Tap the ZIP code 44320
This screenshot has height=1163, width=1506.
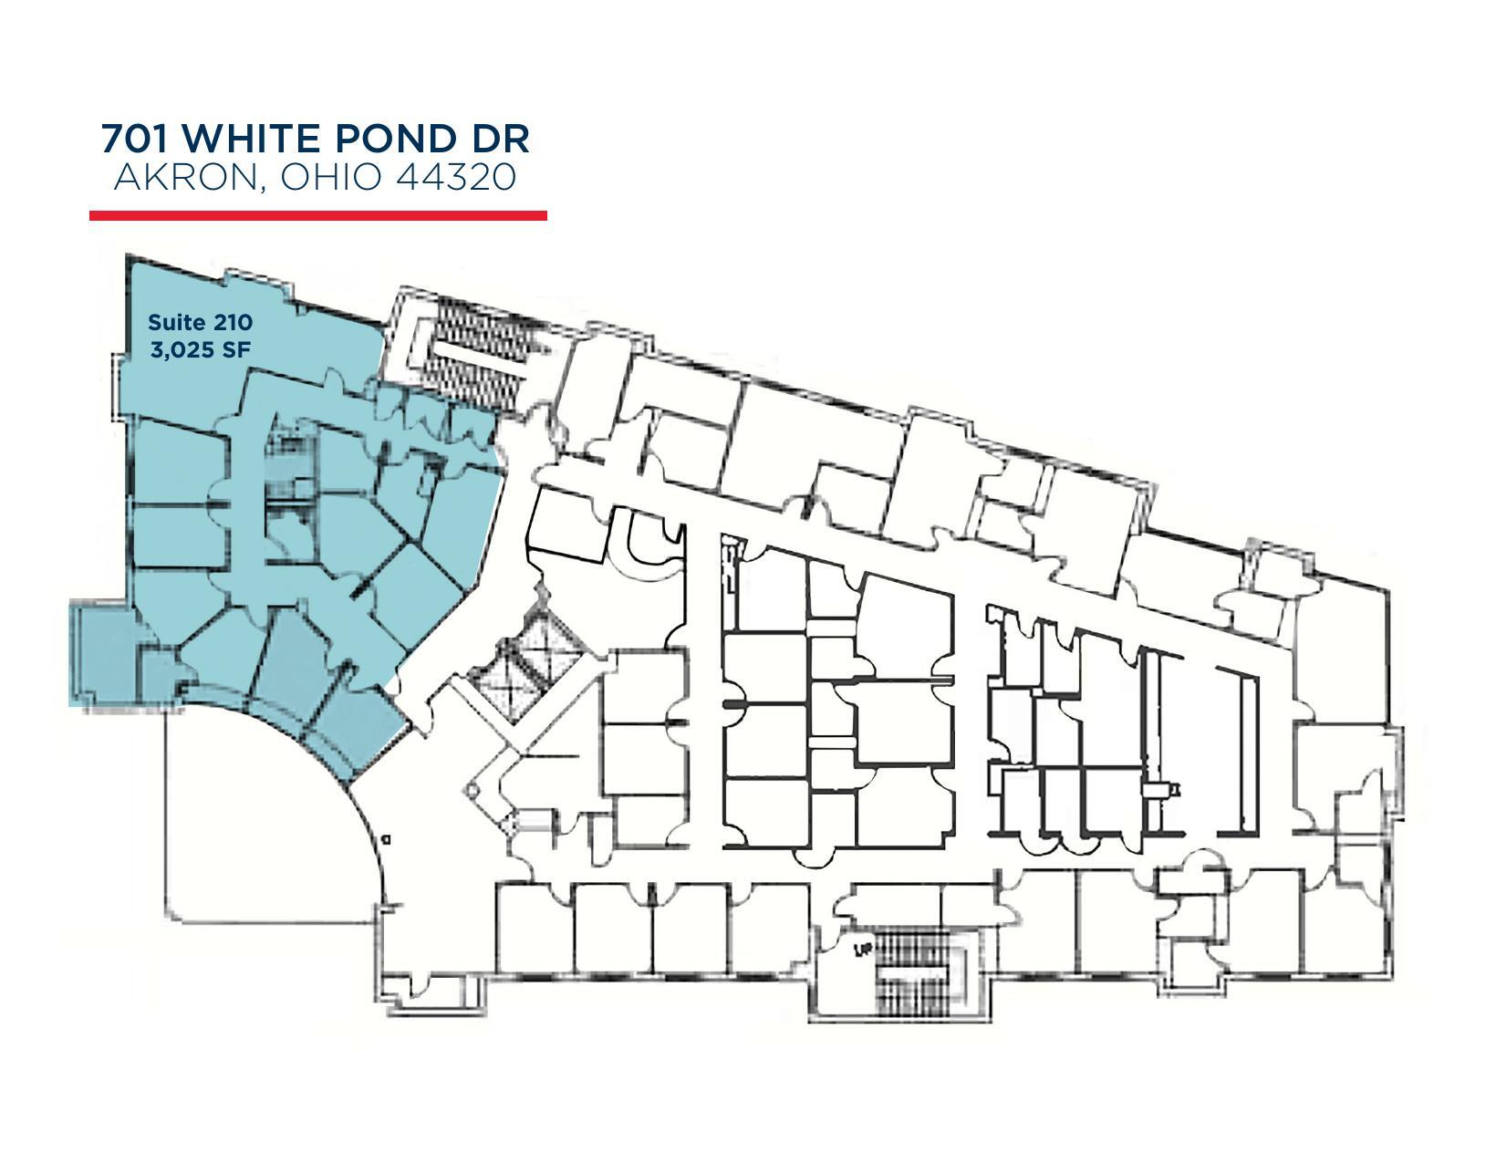[456, 177]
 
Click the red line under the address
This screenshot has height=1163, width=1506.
[317, 215]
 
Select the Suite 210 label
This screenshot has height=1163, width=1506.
[200, 322]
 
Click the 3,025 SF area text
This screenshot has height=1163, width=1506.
[200, 349]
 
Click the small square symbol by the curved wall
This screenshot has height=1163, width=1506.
[386, 837]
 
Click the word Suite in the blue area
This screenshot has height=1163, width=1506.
[177, 322]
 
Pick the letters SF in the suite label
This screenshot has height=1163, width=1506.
[235, 349]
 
